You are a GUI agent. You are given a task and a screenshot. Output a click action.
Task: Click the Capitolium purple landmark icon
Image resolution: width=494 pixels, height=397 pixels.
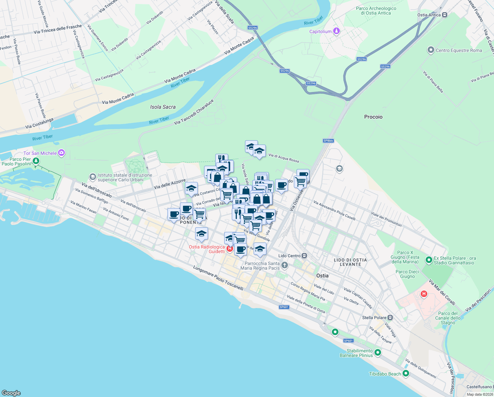[x=336, y=31]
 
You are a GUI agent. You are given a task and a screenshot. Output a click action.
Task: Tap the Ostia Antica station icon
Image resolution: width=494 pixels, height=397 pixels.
[x=445, y=15]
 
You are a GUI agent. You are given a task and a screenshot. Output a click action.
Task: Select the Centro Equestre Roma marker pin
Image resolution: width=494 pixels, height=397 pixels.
[x=431, y=50]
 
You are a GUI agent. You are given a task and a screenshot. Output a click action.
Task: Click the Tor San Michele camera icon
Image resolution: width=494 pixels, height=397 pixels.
[x=61, y=153]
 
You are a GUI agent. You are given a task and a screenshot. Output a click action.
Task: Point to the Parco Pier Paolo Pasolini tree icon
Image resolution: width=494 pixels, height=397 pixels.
[x=36, y=161]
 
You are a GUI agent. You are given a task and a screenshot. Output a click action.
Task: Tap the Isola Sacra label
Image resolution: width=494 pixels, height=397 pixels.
[x=163, y=107]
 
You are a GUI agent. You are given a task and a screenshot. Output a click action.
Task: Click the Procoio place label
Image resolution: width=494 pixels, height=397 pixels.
[x=373, y=117]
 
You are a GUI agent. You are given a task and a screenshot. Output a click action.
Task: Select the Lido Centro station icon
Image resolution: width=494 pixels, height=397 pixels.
[x=304, y=256]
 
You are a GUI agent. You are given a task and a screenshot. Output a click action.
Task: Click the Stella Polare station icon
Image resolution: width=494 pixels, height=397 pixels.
[x=390, y=318]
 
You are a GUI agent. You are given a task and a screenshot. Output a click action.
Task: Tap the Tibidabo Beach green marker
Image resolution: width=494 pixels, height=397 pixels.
[x=406, y=374]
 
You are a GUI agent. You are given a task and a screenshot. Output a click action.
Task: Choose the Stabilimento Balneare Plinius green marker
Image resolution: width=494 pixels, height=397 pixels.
[x=378, y=353]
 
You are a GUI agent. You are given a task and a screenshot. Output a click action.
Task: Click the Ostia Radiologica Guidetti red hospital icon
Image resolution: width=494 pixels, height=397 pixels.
[x=230, y=248]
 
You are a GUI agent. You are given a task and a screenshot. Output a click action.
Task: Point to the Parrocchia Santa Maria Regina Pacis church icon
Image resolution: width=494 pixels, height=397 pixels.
[x=285, y=265]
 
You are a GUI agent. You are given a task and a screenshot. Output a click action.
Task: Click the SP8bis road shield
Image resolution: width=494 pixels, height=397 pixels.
[x=328, y=141]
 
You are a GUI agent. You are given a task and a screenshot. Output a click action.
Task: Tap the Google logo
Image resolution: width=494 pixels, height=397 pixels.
[x=11, y=393]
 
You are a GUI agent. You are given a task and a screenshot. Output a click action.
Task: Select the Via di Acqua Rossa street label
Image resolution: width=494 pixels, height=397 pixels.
[x=284, y=158]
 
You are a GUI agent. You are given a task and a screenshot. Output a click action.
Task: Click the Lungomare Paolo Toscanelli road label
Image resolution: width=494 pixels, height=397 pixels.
[x=218, y=278]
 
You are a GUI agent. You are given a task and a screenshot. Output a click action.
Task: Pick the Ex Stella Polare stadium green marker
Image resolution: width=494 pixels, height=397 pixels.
[x=429, y=260]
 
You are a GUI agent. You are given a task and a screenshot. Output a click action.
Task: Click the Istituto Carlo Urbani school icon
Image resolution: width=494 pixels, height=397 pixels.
[x=93, y=177]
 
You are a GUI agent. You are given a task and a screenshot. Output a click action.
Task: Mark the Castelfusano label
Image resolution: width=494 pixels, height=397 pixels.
[x=479, y=387]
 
